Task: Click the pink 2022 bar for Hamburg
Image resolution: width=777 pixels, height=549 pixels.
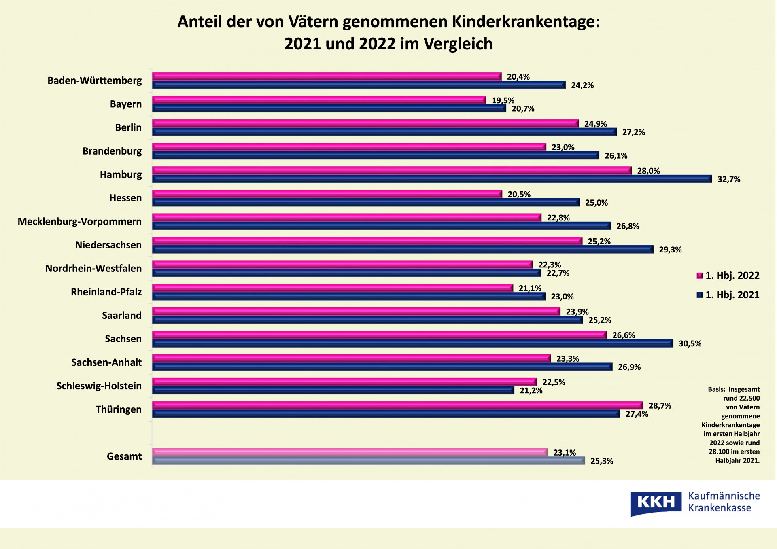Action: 392,170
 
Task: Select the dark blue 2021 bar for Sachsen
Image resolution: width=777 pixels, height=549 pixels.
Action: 413,343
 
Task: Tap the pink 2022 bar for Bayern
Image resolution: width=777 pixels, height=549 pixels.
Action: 319,100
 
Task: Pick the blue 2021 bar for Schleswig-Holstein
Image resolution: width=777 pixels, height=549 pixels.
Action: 333,390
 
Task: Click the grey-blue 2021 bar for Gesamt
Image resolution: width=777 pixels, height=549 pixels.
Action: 368,461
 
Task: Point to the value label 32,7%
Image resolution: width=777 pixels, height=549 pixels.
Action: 729,179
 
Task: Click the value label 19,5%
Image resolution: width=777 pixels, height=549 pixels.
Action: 503,100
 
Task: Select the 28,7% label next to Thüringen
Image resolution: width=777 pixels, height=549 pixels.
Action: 660,405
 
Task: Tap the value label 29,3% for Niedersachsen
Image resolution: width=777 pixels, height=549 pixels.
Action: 670,250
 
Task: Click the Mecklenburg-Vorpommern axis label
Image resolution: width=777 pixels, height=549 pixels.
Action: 80,221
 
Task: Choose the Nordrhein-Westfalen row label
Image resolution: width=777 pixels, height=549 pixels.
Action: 93,268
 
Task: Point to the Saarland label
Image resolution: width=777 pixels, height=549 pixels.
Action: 122,315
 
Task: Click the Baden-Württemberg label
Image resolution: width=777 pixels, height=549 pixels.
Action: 95,81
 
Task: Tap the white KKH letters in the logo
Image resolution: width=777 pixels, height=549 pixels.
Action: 656,502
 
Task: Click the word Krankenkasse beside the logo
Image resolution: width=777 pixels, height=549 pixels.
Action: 720,508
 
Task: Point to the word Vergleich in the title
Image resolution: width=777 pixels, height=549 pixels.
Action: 458,44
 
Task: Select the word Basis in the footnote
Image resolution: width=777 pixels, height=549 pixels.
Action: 716,389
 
